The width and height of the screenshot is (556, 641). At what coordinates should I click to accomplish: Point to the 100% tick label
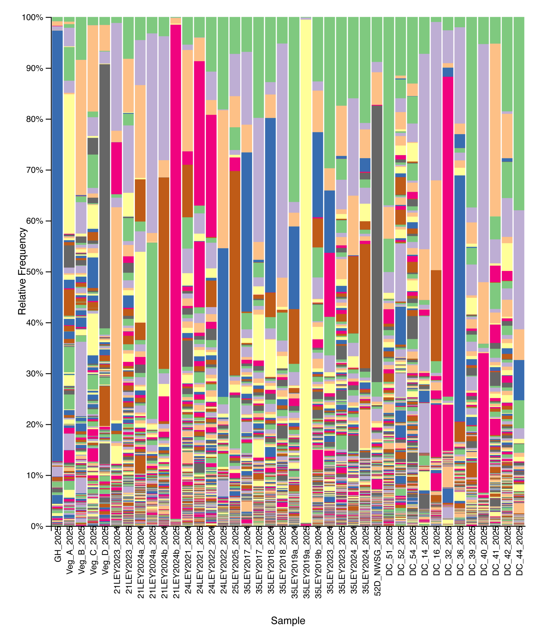pyautogui.click(x=32, y=17)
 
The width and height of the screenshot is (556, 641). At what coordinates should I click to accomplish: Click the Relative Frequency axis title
pyautogui.click(x=22, y=271)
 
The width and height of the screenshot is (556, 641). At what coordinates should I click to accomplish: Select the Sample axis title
pyautogui.click(x=288, y=620)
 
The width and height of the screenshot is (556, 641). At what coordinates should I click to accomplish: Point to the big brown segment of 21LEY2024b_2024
pyautogui.click(x=164, y=273)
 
